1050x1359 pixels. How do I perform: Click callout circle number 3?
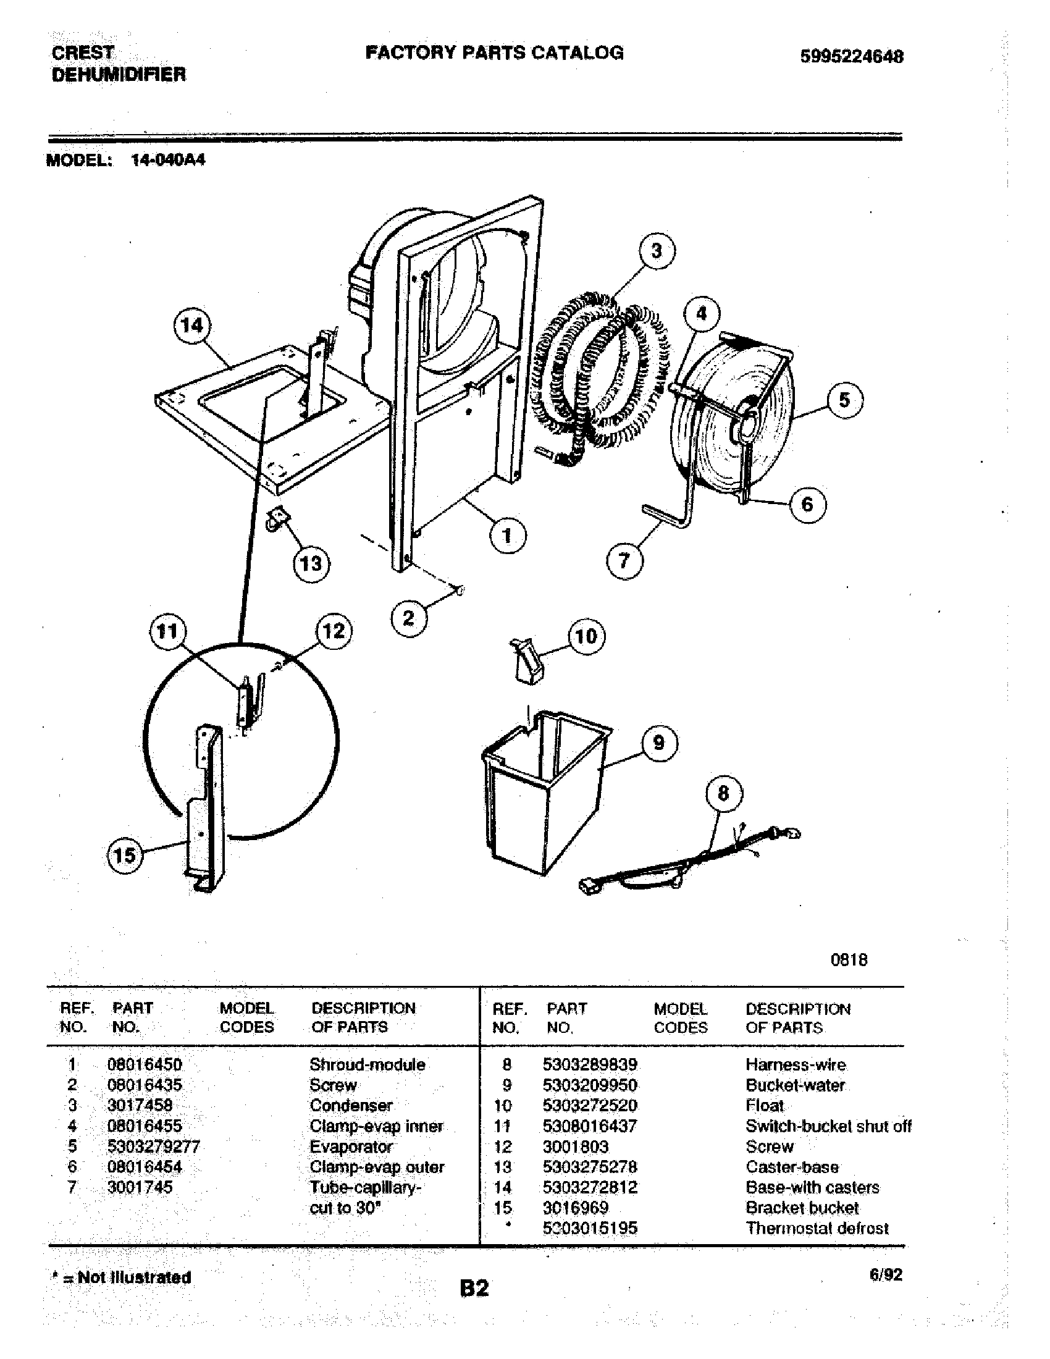tap(656, 251)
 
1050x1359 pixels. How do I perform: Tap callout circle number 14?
tap(191, 326)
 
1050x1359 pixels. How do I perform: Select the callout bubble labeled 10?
tap(586, 636)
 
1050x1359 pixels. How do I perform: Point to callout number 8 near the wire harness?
tap(723, 793)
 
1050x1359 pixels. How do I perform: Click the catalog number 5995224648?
tap(851, 57)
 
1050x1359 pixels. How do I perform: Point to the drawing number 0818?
tap(849, 959)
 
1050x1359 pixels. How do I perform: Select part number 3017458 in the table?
tap(140, 1105)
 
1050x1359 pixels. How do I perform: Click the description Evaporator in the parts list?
tap(351, 1146)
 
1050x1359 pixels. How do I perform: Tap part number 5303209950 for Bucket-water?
tap(590, 1085)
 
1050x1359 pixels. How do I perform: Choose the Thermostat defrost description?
tap(817, 1228)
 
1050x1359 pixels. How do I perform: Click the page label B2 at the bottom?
tap(474, 1287)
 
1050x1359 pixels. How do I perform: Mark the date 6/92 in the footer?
tap(886, 1275)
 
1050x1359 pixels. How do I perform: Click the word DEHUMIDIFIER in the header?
tap(118, 75)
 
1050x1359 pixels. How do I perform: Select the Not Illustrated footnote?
tap(121, 1277)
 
